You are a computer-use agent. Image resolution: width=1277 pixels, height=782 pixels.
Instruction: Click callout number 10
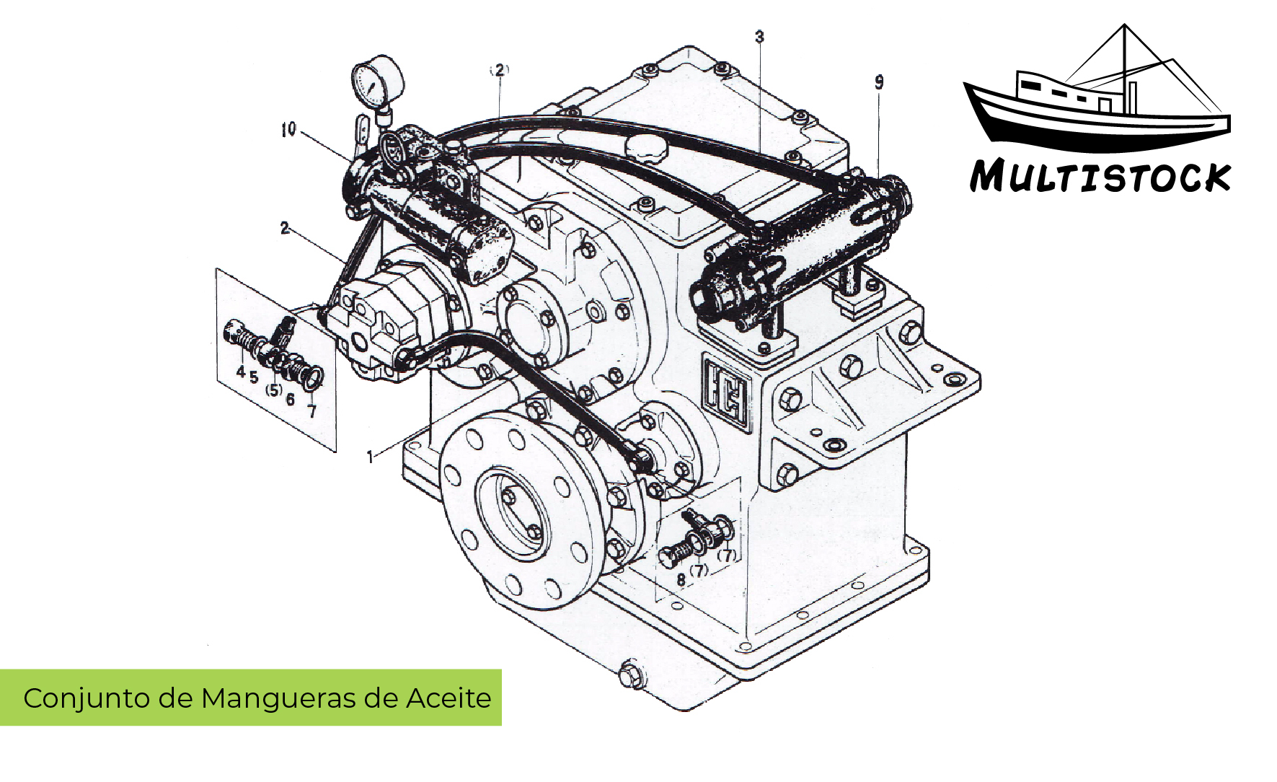point(288,130)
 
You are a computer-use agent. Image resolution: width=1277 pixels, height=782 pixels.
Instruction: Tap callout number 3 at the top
point(759,37)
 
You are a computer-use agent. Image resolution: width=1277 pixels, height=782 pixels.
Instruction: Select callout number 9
point(879,83)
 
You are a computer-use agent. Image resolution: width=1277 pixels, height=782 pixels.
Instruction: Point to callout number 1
point(371,457)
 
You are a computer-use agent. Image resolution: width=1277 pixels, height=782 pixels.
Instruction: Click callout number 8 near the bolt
point(680,579)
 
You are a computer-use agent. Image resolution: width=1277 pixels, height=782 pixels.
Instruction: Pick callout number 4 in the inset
point(240,372)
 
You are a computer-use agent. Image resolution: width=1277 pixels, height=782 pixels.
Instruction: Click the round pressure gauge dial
point(377,82)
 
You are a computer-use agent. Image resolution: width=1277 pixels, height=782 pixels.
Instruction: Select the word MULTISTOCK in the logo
point(1100,177)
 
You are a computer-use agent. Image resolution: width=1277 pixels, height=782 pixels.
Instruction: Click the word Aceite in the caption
point(449,698)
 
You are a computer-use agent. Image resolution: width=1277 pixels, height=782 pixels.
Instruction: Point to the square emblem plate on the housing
point(727,392)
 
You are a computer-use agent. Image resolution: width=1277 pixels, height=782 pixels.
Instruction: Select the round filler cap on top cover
point(647,148)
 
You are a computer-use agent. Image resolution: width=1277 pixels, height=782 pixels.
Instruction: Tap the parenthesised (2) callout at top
point(499,70)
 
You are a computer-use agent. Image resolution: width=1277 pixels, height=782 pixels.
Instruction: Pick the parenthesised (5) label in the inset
point(273,390)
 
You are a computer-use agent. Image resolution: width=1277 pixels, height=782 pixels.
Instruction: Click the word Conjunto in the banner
point(71,698)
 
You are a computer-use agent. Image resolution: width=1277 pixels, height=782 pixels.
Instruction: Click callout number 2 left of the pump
point(285,228)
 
